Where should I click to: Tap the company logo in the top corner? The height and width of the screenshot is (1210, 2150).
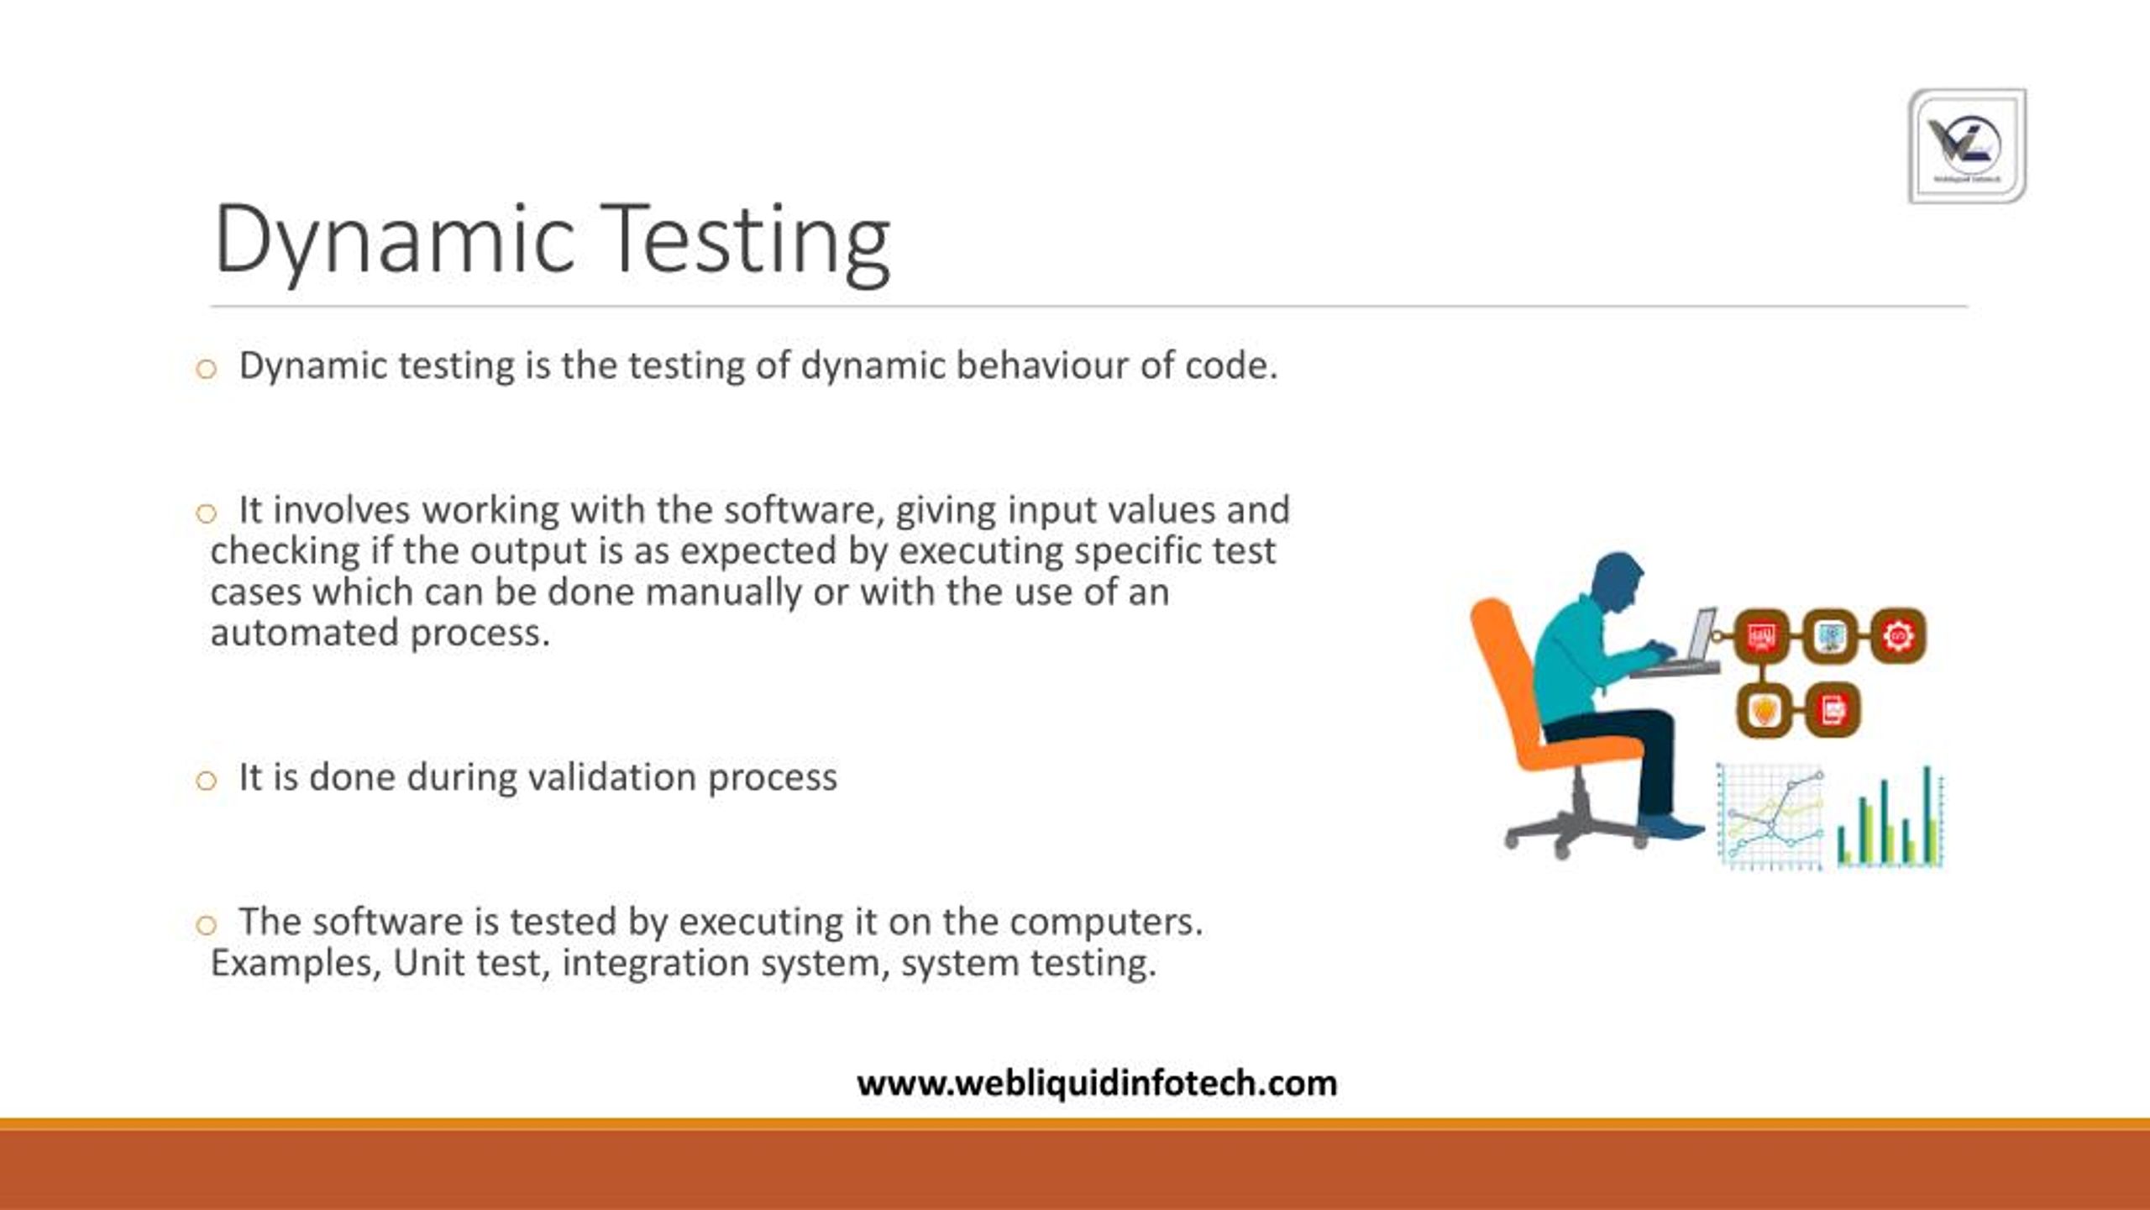[x=1966, y=146]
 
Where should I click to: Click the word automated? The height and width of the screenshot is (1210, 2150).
[x=305, y=634]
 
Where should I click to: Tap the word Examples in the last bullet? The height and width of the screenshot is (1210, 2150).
[x=294, y=963]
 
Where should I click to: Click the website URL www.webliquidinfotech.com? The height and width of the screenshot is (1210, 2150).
[x=1097, y=1083]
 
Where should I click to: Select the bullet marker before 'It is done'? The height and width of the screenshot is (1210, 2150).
[x=206, y=781]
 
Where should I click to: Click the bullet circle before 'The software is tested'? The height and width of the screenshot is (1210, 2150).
[x=206, y=925]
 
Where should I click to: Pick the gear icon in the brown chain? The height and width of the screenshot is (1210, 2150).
[x=1898, y=636]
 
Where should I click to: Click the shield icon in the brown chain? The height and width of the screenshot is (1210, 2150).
[x=1763, y=711]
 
